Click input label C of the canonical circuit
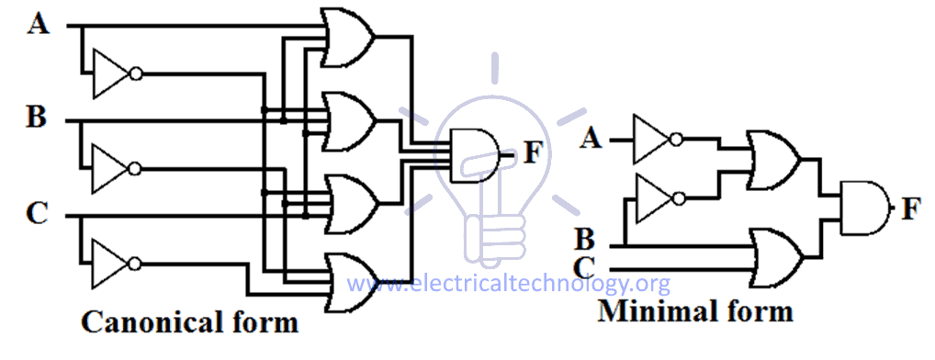coord(37,215)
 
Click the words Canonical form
coord(189,323)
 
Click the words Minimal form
coord(695,311)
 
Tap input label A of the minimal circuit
coord(592,140)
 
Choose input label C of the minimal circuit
coord(584,268)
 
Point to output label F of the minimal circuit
coord(910,209)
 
